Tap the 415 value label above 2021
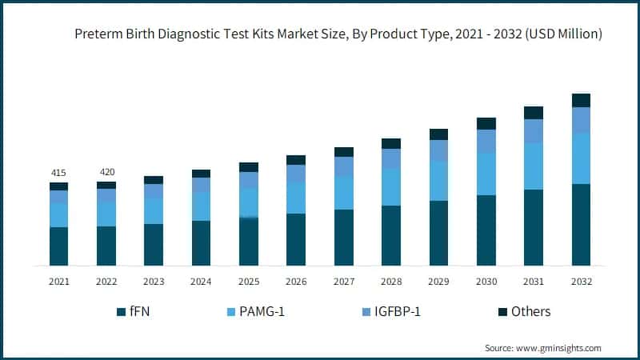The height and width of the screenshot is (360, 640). click(58, 173)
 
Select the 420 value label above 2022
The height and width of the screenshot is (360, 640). click(106, 172)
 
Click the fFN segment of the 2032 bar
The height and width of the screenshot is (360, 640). click(581, 224)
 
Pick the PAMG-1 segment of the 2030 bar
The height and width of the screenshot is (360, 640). click(486, 174)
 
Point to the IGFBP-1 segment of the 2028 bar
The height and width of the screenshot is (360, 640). click(391, 158)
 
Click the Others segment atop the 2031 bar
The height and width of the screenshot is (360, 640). click(534, 113)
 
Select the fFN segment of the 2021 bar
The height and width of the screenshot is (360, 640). click(58, 246)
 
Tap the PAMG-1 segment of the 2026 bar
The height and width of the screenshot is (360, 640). click(296, 198)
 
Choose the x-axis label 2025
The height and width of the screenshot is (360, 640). click(249, 282)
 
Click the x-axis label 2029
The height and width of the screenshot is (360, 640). click(438, 282)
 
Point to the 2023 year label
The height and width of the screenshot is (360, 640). click(154, 282)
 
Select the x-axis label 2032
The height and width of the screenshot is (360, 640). click(581, 282)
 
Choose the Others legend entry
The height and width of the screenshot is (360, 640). click(530, 312)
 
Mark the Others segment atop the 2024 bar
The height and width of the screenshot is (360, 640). click(201, 174)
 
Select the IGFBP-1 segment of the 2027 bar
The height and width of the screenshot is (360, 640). click(344, 166)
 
